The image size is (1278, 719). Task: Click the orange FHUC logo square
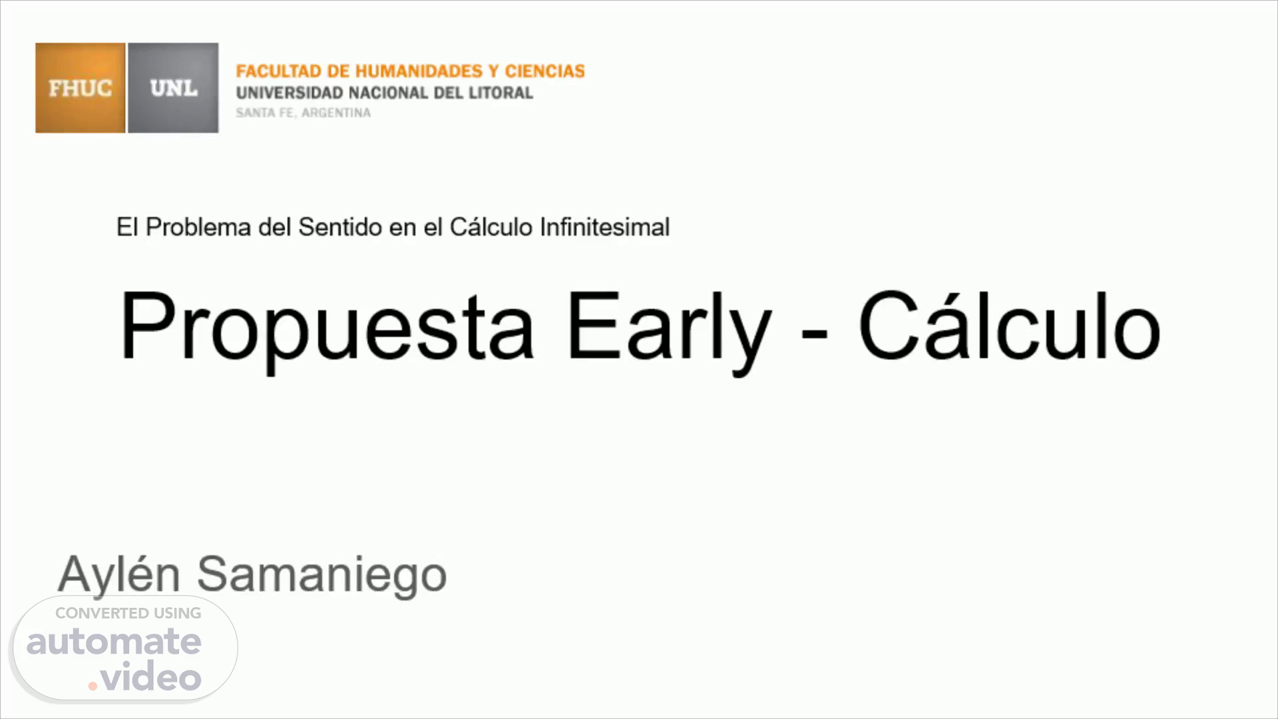[x=81, y=88]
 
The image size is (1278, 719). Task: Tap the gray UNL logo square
[x=173, y=88]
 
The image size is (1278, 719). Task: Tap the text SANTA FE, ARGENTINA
[x=303, y=113]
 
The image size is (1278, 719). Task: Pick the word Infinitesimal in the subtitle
[x=604, y=228]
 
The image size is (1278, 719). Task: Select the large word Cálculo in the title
[x=1010, y=324]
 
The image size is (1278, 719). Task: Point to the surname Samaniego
[x=321, y=575]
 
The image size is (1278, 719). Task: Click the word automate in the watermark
[x=114, y=642]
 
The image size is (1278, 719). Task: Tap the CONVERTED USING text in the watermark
[x=128, y=613]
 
